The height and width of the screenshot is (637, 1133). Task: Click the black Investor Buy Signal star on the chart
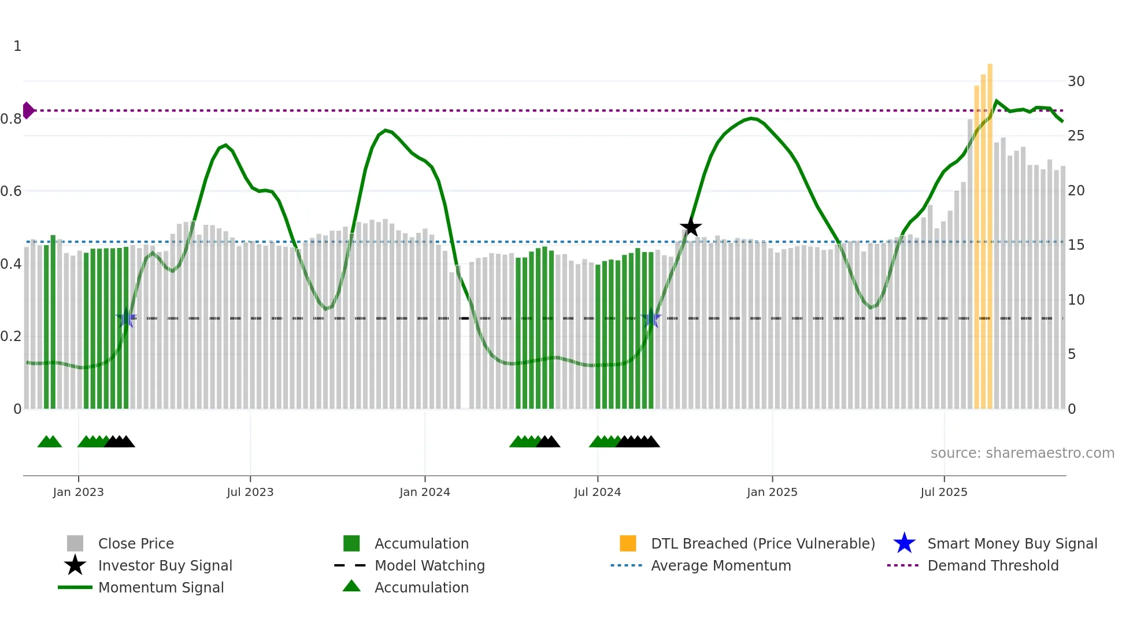point(690,227)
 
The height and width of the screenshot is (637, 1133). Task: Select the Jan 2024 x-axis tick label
point(424,492)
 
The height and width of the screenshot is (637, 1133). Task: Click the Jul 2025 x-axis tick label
point(943,492)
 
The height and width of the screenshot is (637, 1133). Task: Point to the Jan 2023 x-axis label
point(78,492)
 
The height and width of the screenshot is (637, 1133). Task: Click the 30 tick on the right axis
point(1076,82)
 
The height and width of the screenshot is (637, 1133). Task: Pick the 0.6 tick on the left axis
point(11,191)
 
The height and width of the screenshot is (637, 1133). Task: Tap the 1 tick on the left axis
point(17,46)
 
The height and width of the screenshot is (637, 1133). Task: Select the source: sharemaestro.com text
point(1022,453)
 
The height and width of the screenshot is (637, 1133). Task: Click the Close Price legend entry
point(136,543)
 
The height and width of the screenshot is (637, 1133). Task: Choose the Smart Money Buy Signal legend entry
point(1012,543)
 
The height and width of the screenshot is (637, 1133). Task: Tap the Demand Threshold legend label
point(993,565)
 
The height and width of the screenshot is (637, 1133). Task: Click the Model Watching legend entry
point(429,565)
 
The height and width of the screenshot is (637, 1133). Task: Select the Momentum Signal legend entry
point(161,587)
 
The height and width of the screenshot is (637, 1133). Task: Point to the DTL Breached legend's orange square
point(628,543)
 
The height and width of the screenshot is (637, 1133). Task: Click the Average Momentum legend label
point(721,565)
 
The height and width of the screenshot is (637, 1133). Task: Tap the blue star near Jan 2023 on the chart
point(126,318)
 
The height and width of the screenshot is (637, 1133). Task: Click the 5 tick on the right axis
point(1072,354)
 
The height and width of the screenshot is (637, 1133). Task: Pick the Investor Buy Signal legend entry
point(165,565)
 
